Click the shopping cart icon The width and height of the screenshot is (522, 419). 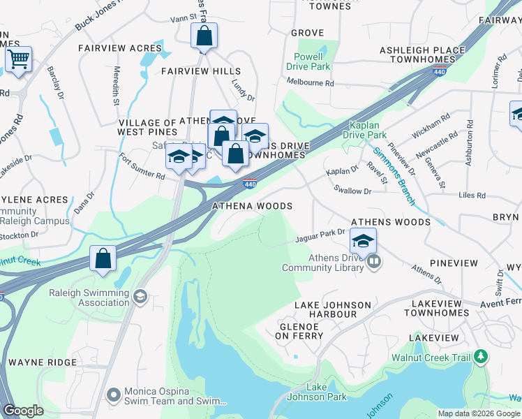[18, 59]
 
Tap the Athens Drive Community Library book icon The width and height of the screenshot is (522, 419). [374, 262]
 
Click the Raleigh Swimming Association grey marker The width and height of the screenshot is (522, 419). [140, 297]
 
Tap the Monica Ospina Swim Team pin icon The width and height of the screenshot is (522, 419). [113, 396]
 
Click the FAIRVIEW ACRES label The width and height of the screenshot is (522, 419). [120, 49]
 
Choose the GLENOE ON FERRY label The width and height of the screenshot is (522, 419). [301, 331]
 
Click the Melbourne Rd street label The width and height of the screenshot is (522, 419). [311, 82]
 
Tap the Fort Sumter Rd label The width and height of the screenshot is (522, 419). [142, 166]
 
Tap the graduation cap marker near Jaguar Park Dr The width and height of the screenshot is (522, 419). [363, 241]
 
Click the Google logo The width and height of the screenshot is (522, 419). [23, 411]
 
